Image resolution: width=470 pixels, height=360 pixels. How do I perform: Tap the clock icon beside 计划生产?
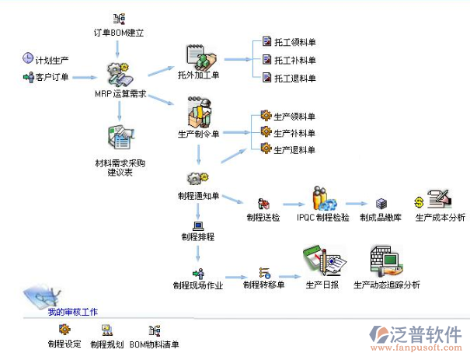[x=28, y=58]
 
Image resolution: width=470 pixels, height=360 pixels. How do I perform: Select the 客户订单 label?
[x=51, y=77]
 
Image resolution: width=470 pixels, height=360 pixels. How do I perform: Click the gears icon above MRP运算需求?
[x=119, y=75]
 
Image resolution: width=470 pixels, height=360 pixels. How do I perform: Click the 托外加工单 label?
[x=199, y=75]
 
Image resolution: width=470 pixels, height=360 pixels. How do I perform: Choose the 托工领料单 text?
[x=295, y=42]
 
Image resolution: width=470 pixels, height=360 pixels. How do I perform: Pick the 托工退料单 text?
[x=295, y=79]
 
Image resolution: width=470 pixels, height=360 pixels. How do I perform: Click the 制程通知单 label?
[x=198, y=195]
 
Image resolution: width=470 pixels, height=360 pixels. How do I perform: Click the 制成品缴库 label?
[x=381, y=218]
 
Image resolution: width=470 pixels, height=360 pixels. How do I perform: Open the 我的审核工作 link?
[x=72, y=312]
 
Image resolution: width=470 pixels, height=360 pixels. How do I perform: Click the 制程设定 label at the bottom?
[x=64, y=344]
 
